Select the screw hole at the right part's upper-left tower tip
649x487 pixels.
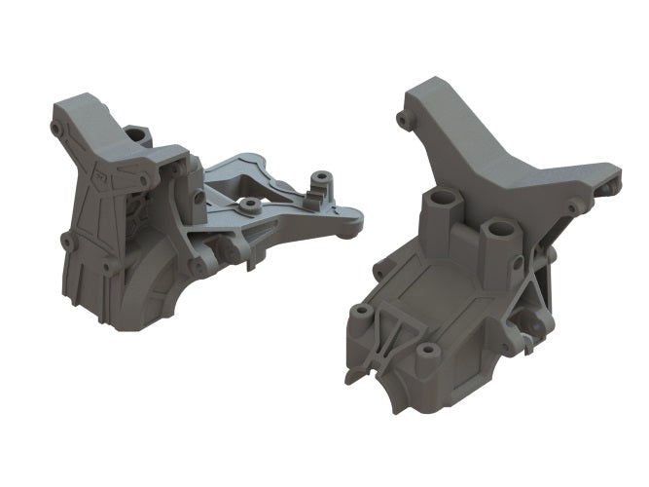[x=402, y=119]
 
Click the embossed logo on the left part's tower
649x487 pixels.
[x=99, y=177]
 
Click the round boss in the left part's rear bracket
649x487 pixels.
[x=249, y=206]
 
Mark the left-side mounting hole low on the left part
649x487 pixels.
[x=66, y=240]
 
